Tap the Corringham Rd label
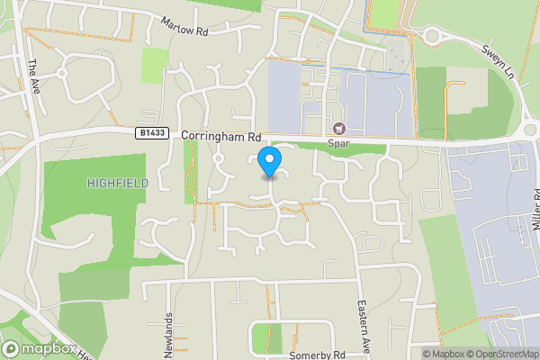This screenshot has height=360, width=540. (x=220, y=136)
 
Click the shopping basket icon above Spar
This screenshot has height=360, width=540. (x=340, y=130)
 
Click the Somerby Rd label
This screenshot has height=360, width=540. (x=317, y=355)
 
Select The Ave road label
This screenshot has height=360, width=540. (x=34, y=73)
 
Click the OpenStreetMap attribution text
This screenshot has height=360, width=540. (x=503, y=354)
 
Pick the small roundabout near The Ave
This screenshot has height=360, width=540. (x=62, y=73)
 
